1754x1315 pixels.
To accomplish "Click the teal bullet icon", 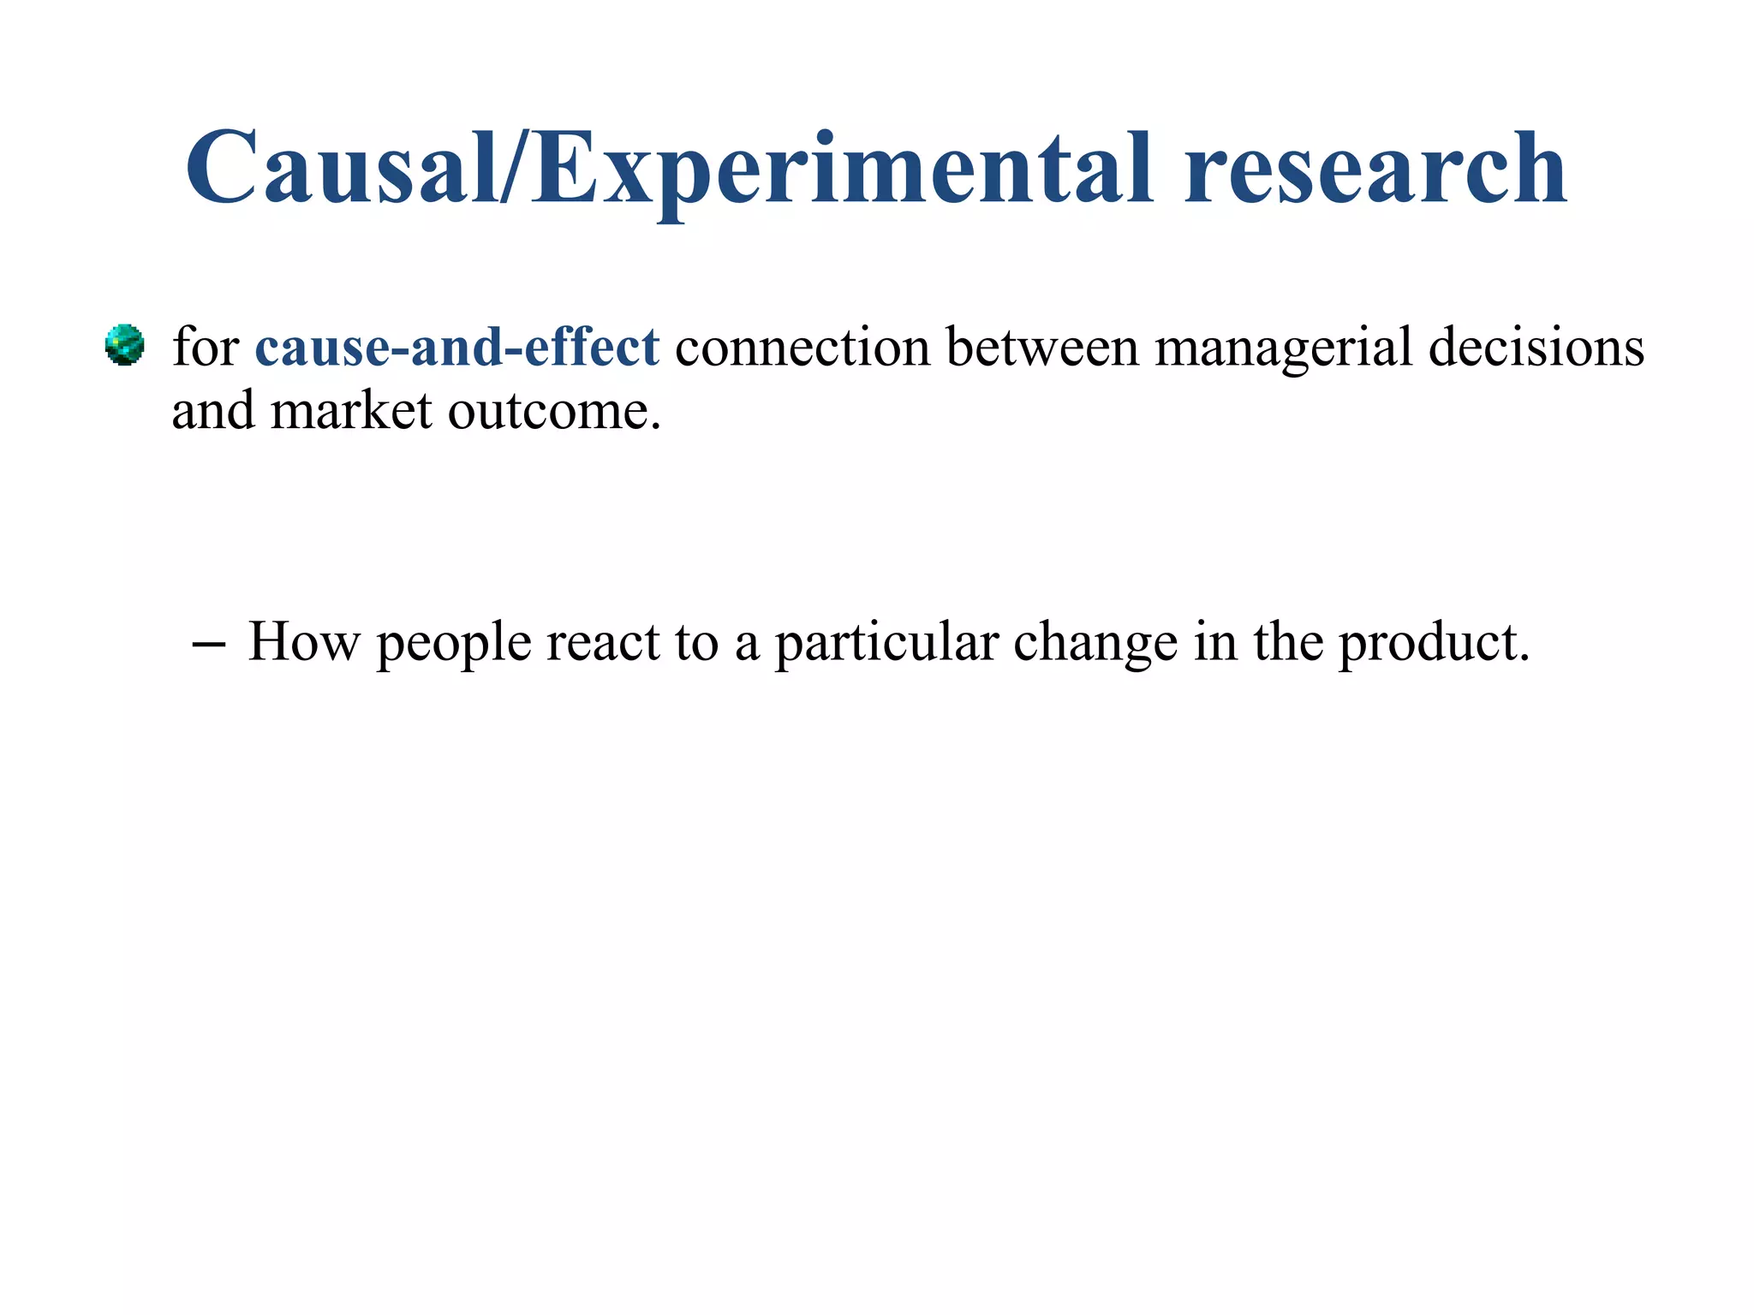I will point(124,345).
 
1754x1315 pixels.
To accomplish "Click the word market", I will point(351,411).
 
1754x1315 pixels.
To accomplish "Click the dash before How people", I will point(210,644).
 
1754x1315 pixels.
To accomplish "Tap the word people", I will point(454,645).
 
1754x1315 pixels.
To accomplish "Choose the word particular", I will point(886,645).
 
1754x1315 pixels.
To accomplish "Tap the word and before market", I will point(213,411).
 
